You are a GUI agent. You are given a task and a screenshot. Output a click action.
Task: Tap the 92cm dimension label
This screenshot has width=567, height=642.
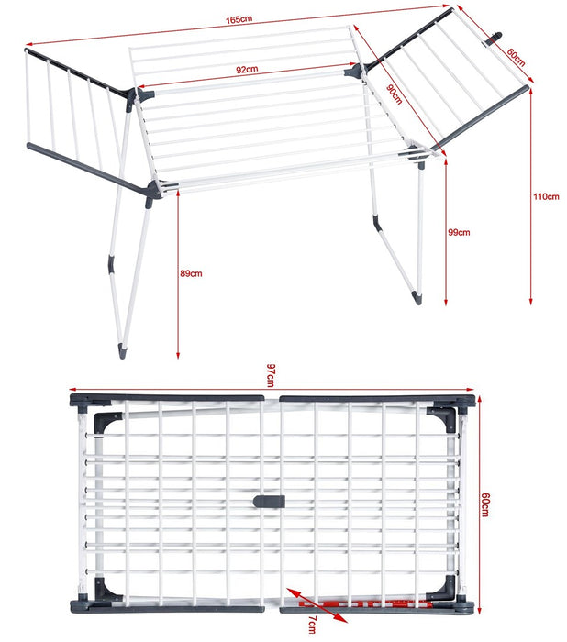(246, 69)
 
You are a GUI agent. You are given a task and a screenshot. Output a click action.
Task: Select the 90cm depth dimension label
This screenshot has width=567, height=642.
(394, 93)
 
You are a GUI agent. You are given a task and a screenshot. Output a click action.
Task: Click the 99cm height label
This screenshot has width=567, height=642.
(458, 233)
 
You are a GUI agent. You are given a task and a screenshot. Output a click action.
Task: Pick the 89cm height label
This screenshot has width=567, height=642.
(192, 273)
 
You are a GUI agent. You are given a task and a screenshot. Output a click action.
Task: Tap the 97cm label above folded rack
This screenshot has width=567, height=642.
(272, 374)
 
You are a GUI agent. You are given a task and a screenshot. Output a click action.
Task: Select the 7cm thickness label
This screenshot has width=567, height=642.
(312, 625)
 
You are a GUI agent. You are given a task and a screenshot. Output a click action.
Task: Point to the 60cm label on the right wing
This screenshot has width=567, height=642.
(516, 56)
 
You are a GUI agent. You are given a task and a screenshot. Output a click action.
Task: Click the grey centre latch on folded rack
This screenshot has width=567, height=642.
(270, 502)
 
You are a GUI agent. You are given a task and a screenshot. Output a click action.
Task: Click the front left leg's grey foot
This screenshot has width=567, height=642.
(123, 350)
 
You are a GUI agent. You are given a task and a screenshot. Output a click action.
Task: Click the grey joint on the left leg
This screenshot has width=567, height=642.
(111, 264)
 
